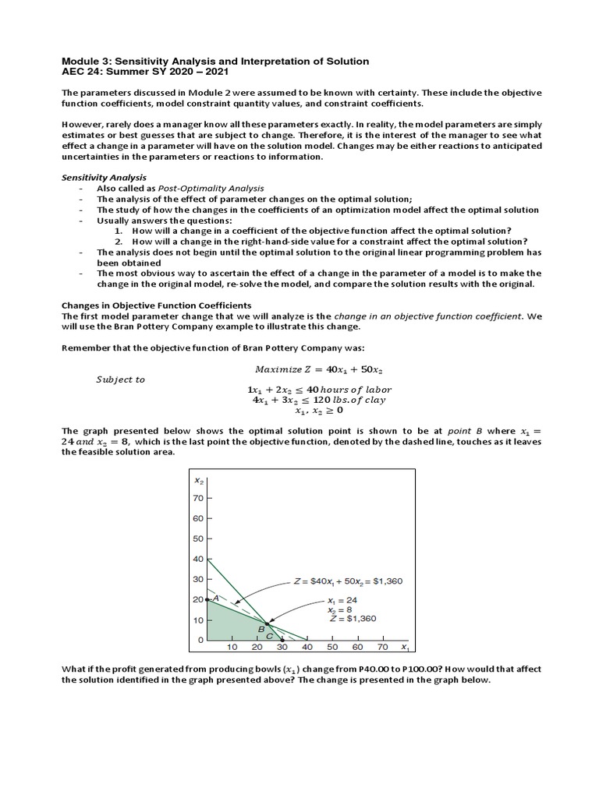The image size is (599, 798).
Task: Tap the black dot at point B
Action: click(x=266, y=623)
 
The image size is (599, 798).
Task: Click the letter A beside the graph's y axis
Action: click(x=215, y=598)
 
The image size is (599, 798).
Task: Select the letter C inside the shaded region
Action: click(x=270, y=636)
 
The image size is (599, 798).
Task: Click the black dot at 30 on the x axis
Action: click(x=282, y=640)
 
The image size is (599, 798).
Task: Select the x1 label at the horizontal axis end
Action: click(x=404, y=648)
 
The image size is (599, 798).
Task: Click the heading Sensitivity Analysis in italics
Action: click(x=104, y=177)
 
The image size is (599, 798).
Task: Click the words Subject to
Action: click(x=120, y=380)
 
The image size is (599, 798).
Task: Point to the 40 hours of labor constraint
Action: click(x=319, y=390)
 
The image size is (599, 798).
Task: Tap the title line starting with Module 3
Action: click(x=215, y=61)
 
